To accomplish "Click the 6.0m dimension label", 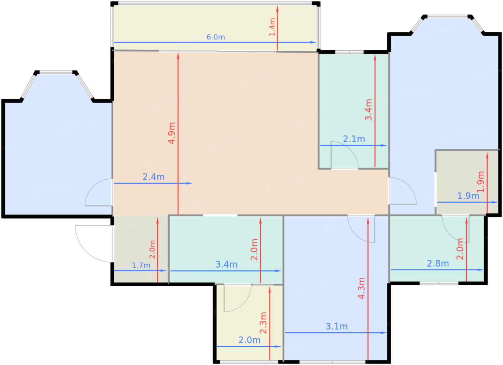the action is pos(216,37).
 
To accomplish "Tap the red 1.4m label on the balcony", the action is pos(272,27).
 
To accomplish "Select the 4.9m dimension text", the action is pos(172,133).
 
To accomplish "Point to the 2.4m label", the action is pos(154,177).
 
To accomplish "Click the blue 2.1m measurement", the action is pos(354,139).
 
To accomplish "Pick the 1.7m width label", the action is pos(141,265).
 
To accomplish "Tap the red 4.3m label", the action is pos(361,288).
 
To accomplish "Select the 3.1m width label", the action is pos(337,327).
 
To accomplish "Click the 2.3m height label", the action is pos(263,323).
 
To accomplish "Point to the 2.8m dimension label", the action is pos(438,264).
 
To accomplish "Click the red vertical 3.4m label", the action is pos(369,110).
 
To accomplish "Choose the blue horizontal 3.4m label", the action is pos(226,264).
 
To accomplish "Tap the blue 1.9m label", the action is pos(468,196).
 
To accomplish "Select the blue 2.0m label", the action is pos(249,340).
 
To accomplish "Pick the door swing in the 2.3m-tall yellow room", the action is pos(244,304).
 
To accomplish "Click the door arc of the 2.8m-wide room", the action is pos(449,235).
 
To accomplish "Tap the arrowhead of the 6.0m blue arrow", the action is pos(313,42).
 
